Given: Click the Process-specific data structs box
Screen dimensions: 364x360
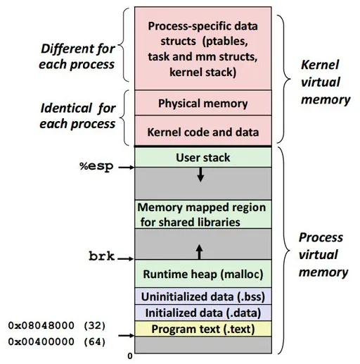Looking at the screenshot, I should [203, 48].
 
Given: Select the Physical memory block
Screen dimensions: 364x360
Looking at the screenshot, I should [203, 103].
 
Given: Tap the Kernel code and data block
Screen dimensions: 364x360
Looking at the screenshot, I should [203, 132].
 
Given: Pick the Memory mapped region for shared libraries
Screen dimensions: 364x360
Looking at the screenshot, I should [203, 215].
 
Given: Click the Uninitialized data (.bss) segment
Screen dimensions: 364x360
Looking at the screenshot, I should [203, 296].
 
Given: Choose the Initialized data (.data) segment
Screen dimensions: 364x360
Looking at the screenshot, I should [203, 313].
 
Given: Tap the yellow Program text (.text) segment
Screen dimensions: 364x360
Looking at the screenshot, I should [203, 329].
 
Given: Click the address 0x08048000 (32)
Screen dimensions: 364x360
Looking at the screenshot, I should [56, 326].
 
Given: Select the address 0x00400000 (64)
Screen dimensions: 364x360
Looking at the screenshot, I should [56, 342].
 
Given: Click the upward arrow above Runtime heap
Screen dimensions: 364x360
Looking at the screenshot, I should [200, 251].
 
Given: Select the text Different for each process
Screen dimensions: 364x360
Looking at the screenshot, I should [77, 56].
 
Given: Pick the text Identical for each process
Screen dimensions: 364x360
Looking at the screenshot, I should [77, 116].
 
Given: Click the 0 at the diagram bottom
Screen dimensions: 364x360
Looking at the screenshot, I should [129, 356].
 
